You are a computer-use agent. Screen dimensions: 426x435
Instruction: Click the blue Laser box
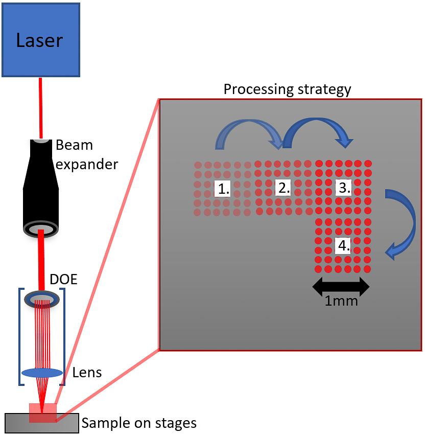pyautogui.click(x=41, y=40)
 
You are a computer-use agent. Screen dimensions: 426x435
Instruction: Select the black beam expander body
pyautogui.click(x=41, y=189)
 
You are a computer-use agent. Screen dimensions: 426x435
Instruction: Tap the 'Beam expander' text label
pyautogui.click(x=87, y=154)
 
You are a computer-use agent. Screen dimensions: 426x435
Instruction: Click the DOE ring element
pyautogui.click(x=42, y=300)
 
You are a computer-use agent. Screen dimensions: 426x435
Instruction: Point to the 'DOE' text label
pyautogui.click(x=63, y=279)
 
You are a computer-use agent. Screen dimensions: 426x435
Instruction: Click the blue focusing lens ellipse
pyautogui.click(x=42, y=373)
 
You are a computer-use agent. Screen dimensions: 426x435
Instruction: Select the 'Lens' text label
pyautogui.click(x=87, y=372)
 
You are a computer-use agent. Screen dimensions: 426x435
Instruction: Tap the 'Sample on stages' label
pyautogui.click(x=139, y=423)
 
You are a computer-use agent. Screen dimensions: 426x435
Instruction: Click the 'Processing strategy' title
pyautogui.click(x=288, y=89)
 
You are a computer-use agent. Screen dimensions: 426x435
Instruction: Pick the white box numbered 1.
pyautogui.click(x=223, y=189)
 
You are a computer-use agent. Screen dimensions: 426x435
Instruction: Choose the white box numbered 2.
pyautogui.click(x=283, y=188)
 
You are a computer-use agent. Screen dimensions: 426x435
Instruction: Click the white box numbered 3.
pyautogui.click(x=344, y=188)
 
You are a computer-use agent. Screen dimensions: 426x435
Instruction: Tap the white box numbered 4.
pyautogui.click(x=343, y=245)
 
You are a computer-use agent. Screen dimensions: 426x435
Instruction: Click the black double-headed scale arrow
pyautogui.click(x=341, y=287)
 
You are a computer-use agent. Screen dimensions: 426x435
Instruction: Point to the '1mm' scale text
pyautogui.click(x=341, y=301)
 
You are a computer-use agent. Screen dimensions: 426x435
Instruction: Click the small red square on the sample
pyautogui.click(x=43, y=413)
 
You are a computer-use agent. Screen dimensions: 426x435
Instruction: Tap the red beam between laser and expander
pyautogui.click(x=40, y=108)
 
